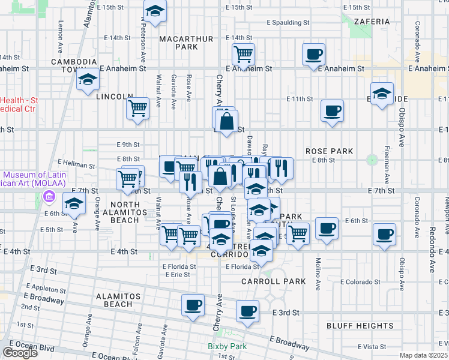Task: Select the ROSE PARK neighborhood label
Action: click(x=329, y=151)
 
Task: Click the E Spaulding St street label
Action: click(x=288, y=23)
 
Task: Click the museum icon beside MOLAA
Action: click(x=49, y=197)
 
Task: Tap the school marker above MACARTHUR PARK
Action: click(x=155, y=11)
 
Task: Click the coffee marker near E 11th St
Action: click(x=332, y=111)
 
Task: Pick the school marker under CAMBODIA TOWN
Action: click(x=88, y=79)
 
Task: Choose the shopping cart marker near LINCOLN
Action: click(x=138, y=109)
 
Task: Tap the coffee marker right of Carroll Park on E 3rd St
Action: click(x=247, y=311)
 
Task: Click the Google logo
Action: click(x=20, y=353)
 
